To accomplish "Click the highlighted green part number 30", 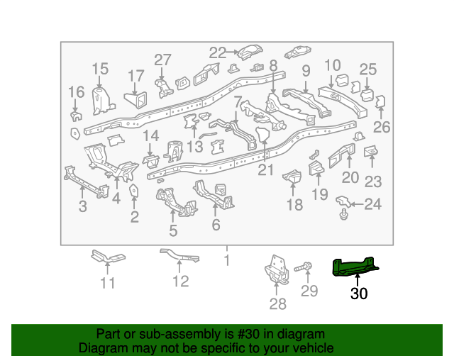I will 356,267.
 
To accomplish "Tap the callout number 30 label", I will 359,293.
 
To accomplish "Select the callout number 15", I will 100,69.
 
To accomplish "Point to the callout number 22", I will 217,52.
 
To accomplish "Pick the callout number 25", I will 367,69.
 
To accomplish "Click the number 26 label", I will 382,128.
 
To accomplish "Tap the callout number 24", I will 373,206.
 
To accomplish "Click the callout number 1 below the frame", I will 227,260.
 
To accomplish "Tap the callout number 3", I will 83,206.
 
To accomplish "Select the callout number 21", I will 266,169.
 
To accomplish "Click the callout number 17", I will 135,76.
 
